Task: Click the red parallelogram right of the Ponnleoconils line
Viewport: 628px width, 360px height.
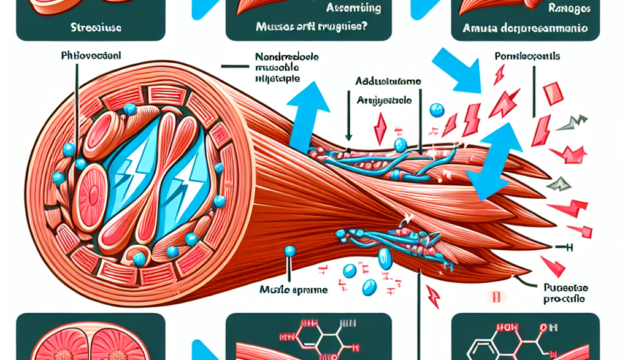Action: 553,94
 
